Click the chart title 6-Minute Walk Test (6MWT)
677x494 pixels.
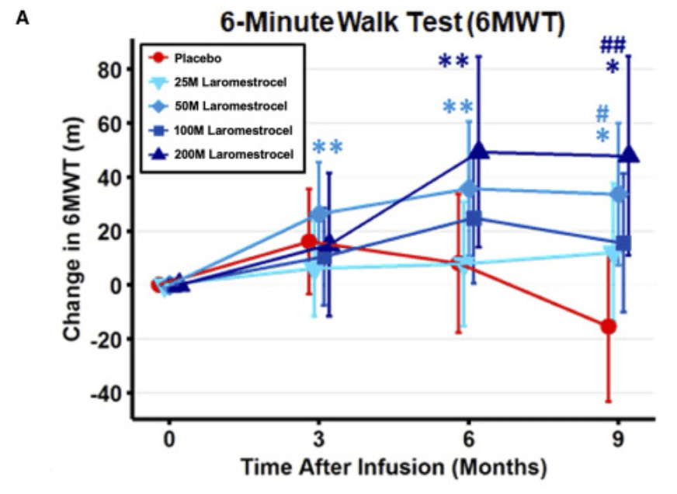pos(391,23)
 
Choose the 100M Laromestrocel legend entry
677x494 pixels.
pos(226,130)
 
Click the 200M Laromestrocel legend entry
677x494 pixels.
pos(226,154)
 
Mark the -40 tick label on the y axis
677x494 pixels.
pos(105,393)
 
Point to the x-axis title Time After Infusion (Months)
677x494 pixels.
pos(393,468)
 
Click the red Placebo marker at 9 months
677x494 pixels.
pos(609,326)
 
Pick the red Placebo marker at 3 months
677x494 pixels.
pos(309,242)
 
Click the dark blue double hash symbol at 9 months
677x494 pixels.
pos(613,45)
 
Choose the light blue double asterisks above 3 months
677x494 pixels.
pos(327,147)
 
